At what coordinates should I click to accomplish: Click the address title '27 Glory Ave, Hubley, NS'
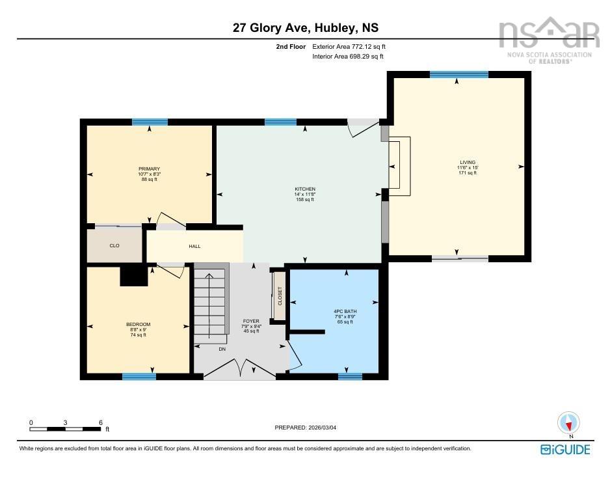305,27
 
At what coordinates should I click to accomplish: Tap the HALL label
194,247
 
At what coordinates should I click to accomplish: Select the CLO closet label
114,245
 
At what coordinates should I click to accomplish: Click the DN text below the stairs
221,349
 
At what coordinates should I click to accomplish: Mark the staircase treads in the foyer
209,303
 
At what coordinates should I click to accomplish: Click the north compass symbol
569,424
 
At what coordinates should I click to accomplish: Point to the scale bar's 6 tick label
100,422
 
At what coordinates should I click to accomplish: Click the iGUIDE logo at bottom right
565,449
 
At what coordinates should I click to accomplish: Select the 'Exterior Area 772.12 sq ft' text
349,47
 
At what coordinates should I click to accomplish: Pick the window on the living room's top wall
458,75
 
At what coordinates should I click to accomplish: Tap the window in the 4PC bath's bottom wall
350,376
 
